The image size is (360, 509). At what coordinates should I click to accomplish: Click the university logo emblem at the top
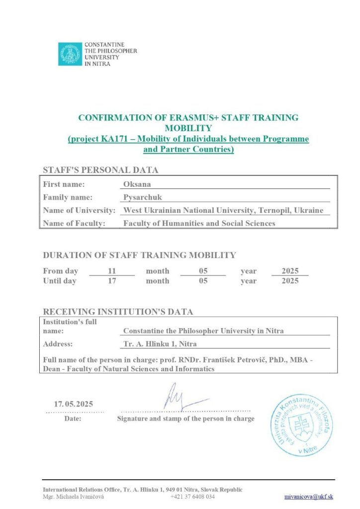(x=70, y=54)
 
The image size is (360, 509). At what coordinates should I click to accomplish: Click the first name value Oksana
(x=136, y=184)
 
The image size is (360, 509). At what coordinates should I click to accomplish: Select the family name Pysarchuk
(x=143, y=197)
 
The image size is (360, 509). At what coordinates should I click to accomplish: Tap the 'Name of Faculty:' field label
(x=75, y=223)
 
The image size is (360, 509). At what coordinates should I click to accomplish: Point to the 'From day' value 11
(x=111, y=271)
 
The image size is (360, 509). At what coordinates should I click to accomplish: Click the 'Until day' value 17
(x=111, y=281)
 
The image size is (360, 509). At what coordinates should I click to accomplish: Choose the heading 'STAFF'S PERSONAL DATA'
(x=100, y=170)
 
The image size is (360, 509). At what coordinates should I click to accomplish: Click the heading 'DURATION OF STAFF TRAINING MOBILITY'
(x=139, y=255)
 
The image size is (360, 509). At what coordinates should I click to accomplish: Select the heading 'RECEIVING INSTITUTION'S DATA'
(x=118, y=312)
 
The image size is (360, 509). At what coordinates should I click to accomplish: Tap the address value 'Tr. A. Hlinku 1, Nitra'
(x=160, y=343)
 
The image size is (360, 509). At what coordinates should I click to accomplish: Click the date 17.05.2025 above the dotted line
(x=74, y=404)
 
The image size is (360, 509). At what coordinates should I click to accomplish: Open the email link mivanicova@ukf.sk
(x=308, y=497)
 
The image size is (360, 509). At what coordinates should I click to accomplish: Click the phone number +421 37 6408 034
(x=192, y=497)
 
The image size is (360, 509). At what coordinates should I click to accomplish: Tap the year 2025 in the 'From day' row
(x=290, y=271)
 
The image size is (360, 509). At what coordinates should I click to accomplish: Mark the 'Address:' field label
(x=58, y=343)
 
